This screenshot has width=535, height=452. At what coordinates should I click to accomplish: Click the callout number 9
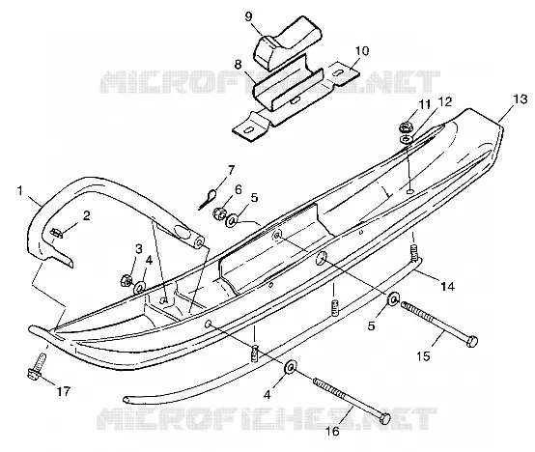point(249,16)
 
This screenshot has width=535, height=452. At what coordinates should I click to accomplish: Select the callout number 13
point(521,99)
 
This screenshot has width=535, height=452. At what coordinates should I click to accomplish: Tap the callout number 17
point(63,391)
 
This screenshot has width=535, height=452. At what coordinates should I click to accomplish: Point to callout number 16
point(333,431)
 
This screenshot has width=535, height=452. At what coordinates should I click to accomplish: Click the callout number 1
point(20,190)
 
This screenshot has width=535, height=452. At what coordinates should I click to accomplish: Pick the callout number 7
point(232,170)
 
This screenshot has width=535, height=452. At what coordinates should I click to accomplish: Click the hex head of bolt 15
point(472,341)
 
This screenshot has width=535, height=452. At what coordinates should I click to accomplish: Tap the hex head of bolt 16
point(384,418)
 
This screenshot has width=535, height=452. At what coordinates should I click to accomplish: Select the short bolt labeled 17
point(37,366)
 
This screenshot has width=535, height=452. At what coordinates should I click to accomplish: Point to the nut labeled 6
point(218,213)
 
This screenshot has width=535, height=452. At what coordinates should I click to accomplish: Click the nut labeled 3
point(126,280)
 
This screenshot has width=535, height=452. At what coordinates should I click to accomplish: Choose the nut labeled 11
point(405,127)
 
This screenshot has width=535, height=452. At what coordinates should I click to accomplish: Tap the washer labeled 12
point(406,139)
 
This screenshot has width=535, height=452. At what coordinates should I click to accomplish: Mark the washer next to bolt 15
point(393,299)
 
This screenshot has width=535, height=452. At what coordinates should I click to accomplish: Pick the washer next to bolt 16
point(291,368)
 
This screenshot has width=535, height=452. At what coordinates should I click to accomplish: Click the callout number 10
point(362,51)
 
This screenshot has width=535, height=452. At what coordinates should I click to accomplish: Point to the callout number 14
point(448,286)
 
